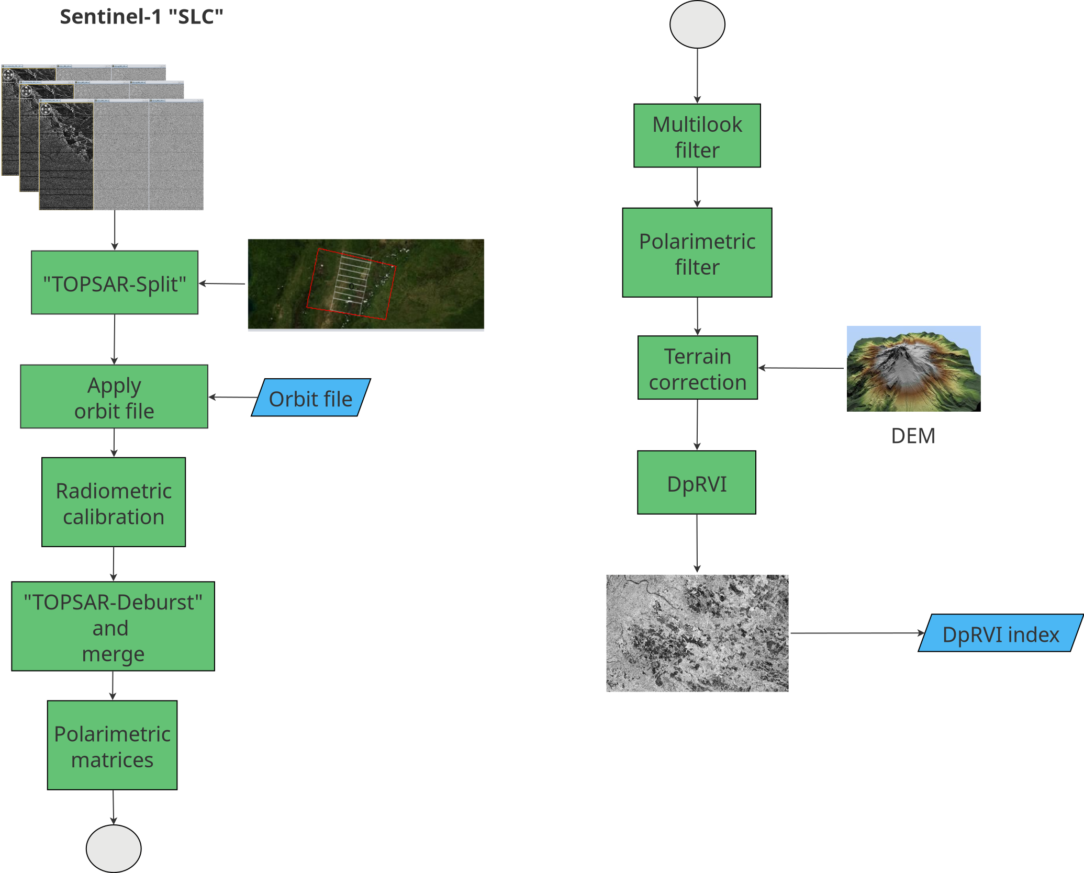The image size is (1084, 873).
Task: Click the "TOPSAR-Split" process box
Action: click(115, 282)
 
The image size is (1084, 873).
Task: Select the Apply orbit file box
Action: click(114, 396)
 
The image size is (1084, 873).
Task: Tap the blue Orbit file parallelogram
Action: click(311, 398)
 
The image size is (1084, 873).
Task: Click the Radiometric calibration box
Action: click(114, 502)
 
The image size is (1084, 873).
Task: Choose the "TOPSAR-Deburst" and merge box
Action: click(113, 626)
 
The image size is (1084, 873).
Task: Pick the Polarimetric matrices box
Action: click(113, 745)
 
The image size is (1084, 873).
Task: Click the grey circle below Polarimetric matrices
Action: click(114, 848)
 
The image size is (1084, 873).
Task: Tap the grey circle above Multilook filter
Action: click(697, 24)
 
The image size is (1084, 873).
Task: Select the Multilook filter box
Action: click(697, 135)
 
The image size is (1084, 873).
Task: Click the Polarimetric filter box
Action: click(697, 253)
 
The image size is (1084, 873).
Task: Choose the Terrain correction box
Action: click(698, 368)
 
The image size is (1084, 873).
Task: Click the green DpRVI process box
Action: click(697, 482)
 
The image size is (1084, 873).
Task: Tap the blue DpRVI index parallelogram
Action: click(1001, 633)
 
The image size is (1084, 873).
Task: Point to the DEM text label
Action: click(913, 436)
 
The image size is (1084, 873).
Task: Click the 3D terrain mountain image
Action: click(913, 369)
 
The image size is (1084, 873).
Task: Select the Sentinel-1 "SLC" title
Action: click(141, 17)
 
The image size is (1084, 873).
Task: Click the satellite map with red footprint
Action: click(366, 284)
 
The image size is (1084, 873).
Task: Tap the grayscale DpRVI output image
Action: click(697, 633)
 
